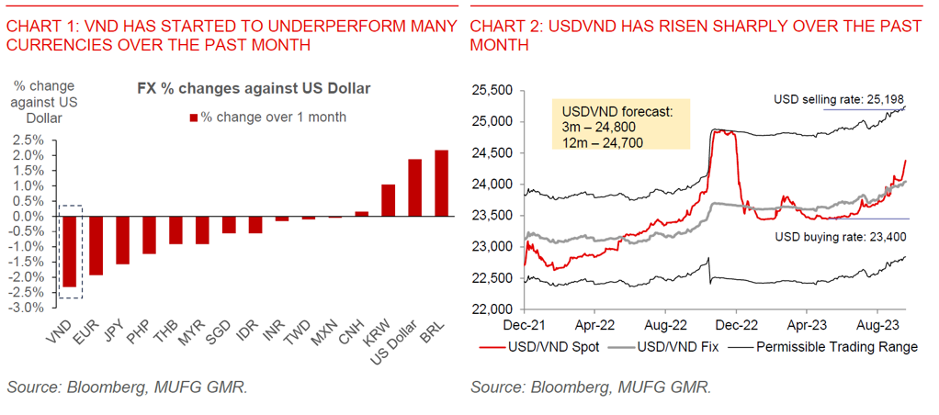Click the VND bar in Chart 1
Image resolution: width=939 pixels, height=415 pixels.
point(68,252)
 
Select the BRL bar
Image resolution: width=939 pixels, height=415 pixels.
point(442,183)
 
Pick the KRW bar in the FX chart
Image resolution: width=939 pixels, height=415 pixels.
point(388,200)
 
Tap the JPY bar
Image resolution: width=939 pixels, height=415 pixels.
point(122,240)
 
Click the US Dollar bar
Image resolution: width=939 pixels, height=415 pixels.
point(414,187)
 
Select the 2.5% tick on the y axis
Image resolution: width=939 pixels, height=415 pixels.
point(28,140)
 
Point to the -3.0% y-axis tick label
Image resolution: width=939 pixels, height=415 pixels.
point(26,307)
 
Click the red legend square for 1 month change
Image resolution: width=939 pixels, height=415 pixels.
point(193,118)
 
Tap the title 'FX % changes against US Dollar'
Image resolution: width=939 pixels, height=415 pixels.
point(253,89)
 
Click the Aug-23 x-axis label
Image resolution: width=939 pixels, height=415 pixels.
point(877,324)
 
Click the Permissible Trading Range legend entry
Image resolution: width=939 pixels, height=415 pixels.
point(832,347)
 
